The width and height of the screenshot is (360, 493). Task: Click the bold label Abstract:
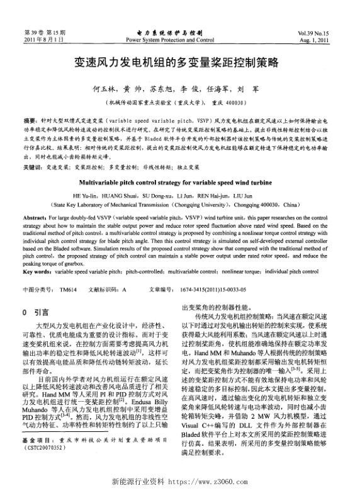pos(36,215)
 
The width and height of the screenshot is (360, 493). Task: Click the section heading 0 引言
pos(35,312)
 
